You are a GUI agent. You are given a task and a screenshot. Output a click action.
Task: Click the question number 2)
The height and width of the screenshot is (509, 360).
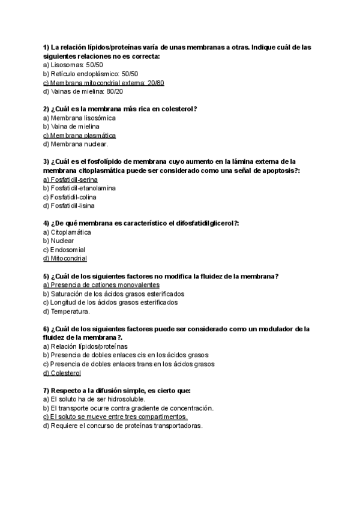click(47, 109)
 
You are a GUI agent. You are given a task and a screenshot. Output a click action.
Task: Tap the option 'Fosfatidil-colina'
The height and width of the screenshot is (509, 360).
click(70, 197)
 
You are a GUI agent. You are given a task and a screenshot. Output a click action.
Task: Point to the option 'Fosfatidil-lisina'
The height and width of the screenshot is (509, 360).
click(69, 206)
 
